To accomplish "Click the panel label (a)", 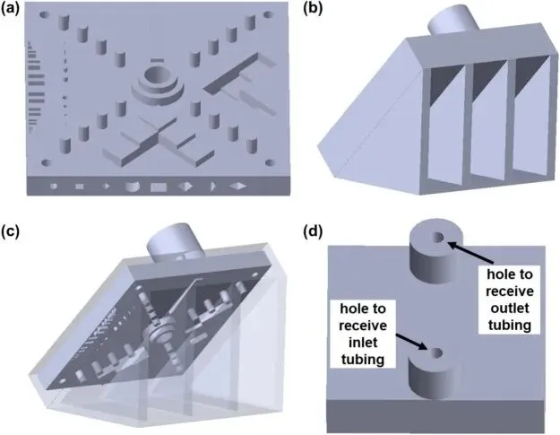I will click(16, 10).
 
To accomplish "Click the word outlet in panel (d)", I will click(504, 306).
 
